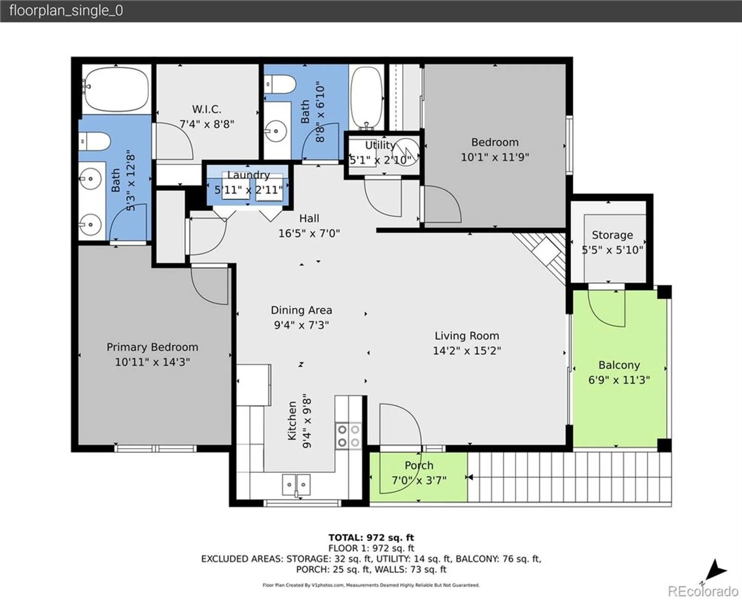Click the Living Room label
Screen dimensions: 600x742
pos(467,336)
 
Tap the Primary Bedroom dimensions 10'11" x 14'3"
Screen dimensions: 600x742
pos(152,362)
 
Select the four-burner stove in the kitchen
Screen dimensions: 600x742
pos(348,436)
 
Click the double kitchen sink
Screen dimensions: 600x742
pos(296,485)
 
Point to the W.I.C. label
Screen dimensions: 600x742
pos(207,109)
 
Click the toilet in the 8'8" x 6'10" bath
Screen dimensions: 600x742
pos(280,85)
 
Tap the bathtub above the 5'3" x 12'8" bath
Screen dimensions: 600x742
pos(115,89)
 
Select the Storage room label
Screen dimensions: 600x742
pos(612,235)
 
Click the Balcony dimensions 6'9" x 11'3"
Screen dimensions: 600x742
pos(619,380)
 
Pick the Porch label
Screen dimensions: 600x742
pos(419,465)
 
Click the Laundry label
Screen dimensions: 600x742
pos(248,175)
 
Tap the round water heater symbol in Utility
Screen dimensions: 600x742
pos(406,150)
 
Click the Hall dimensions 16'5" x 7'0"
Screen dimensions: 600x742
pos(309,233)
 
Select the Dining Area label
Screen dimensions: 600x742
pos(301,310)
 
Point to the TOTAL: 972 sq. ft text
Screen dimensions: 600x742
pos(371,538)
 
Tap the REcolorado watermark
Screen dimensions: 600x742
pos(703,591)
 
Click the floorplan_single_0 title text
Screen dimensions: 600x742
pos(66,11)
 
